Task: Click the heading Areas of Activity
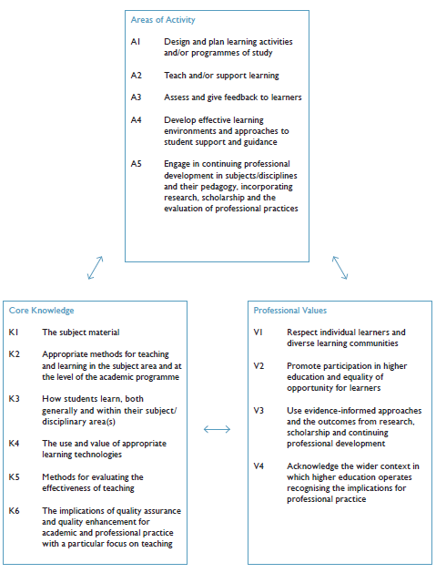click(x=163, y=20)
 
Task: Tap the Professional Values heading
click(x=290, y=311)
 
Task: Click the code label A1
click(x=137, y=42)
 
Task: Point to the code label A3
click(x=137, y=97)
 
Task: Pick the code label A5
click(x=137, y=163)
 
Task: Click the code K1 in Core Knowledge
click(x=14, y=333)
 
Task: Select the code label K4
click(x=14, y=443)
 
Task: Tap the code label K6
click(x=14, y=511)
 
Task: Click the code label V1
click(x=259, y=333)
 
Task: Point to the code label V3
click(x=259, y=410)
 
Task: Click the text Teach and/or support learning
click(x=221, y=75)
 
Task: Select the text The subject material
click(x=80, y=333)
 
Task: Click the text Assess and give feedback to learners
click(x=232, y=97)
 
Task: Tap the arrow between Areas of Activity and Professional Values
click(x=340, y=267)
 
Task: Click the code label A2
click(x=137, y=75)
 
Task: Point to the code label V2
click(x=259, y=365)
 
